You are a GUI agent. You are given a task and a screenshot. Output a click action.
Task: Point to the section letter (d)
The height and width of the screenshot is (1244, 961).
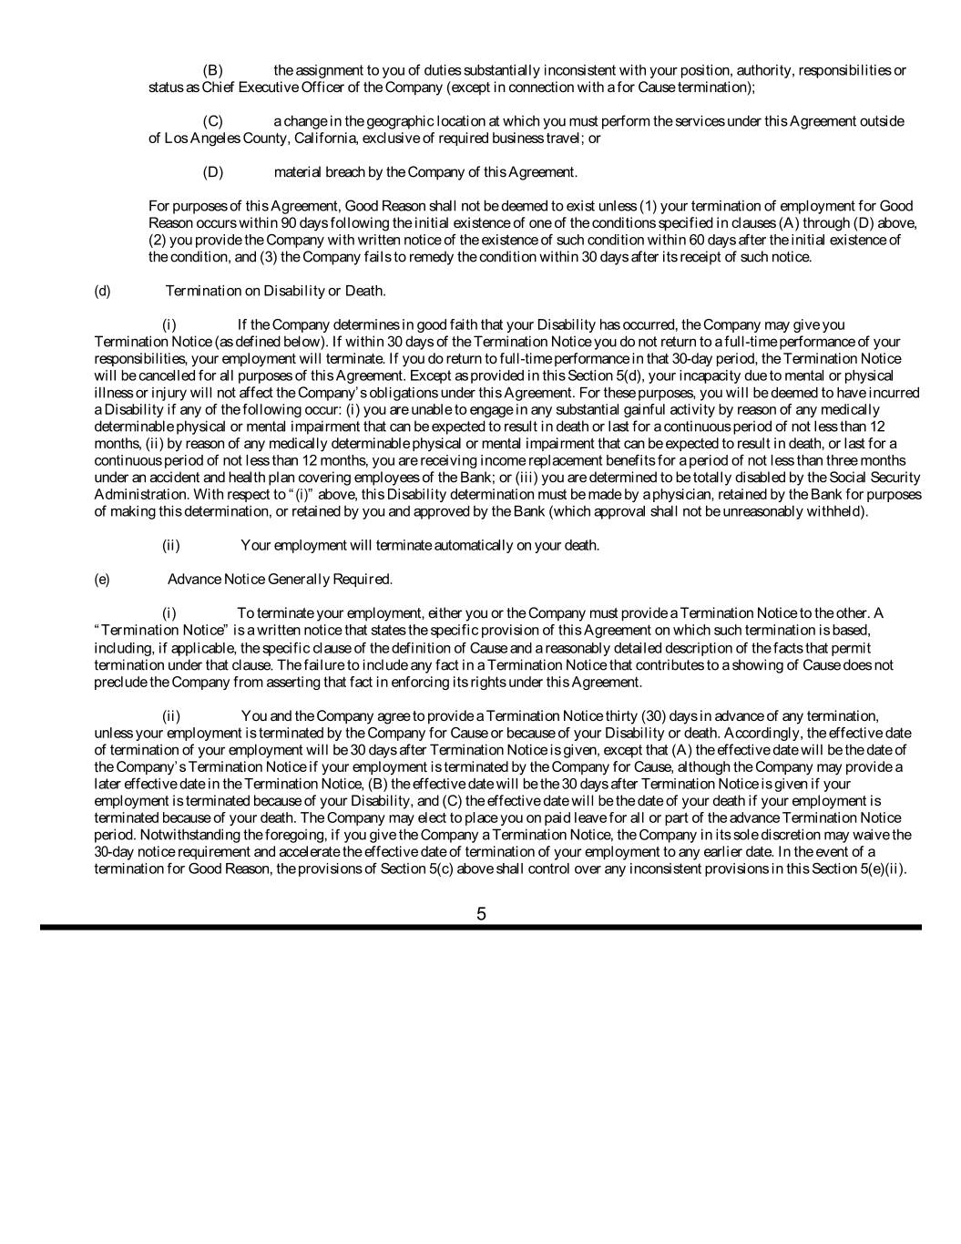coord(102,291)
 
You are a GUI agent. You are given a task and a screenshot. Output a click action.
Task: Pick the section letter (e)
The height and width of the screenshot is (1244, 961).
coord(102,579)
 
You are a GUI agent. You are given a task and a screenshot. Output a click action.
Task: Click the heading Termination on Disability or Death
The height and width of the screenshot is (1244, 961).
coord(275,291)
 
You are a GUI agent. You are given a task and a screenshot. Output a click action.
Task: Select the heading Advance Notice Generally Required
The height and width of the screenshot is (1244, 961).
coord(280,579)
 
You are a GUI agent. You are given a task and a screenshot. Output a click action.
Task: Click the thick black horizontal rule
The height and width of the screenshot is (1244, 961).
coord(481,928)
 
